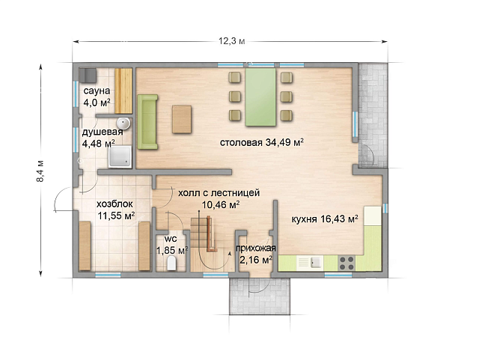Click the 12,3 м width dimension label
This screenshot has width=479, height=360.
click(231, 41)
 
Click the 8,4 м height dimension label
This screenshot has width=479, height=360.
click(40, 171)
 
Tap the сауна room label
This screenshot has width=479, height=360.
click(97, 91)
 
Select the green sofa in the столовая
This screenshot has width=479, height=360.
click(147, 122)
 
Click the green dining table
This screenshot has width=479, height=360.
click(260, 97)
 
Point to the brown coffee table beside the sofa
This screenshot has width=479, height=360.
click(182, 119)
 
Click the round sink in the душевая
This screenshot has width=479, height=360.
click(123, 123)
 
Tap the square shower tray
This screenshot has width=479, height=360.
click(120, 156)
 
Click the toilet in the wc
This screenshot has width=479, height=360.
click(171, 263)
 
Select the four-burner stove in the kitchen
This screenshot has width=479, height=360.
click(347, 263)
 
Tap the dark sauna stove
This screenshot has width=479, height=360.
click(88, 75)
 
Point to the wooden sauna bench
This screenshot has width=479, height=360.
click(123, 91)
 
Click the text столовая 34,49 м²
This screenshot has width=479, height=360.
click(261, 142)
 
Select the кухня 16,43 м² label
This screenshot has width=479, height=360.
click(325, 219)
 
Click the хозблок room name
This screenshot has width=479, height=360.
click(115, 204)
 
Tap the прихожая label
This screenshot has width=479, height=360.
click(256, 248)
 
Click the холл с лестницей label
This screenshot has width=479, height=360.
click(219, 193)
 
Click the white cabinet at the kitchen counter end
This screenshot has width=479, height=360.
click(373, 216)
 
